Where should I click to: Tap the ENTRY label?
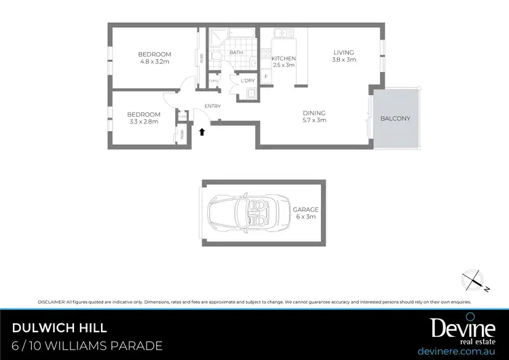(212, 106)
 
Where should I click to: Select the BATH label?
(236, 52)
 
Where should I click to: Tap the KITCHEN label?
(283, 59)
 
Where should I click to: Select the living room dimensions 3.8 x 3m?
(344, 60)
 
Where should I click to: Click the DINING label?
(314, 113)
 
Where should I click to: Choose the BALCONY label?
(395, 118)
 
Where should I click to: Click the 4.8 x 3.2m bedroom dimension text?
(155, 62)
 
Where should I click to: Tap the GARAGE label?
(306, 210)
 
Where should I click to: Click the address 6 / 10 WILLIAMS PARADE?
(88, 345)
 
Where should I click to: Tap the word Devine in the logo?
(463, 327)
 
